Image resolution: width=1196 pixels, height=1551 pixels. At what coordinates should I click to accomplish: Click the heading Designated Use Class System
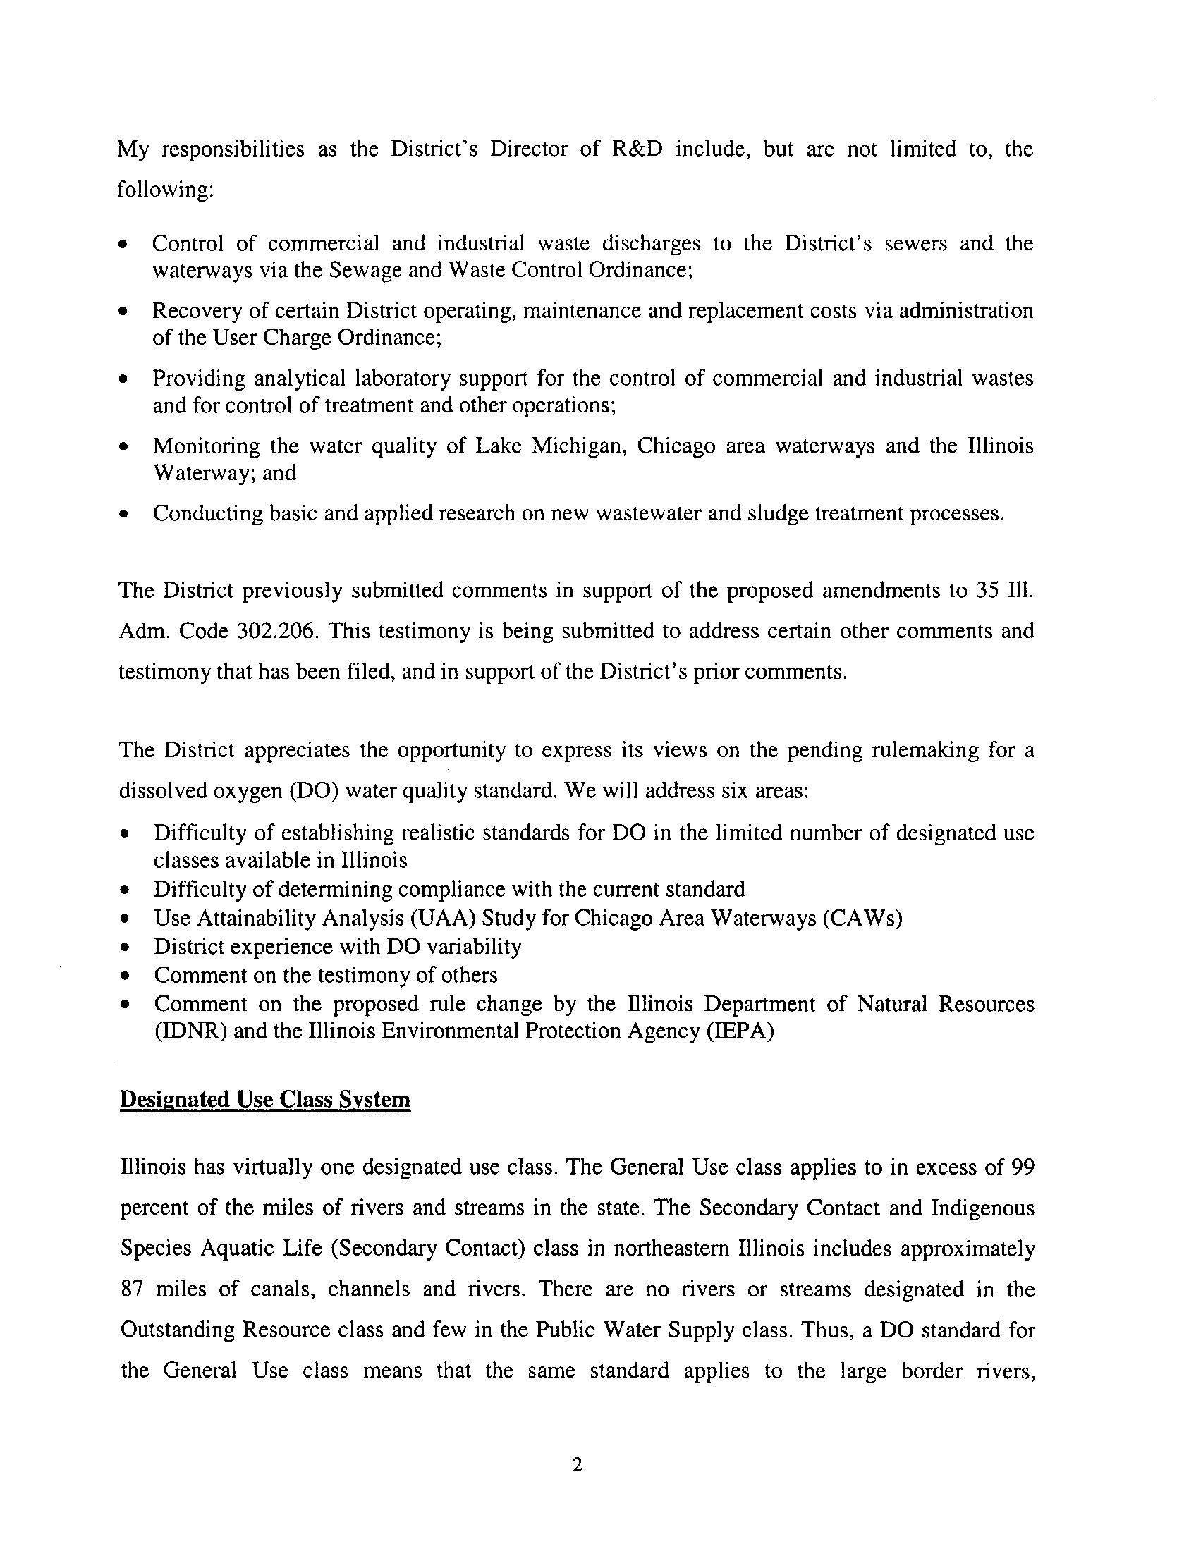click(265, 1099)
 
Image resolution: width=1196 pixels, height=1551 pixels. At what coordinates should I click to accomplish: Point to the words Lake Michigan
click(551, 446)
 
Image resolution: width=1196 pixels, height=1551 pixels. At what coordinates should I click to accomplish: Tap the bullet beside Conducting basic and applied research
click(125, 514)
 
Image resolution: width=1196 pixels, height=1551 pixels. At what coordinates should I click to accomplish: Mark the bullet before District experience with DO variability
click(126, 948)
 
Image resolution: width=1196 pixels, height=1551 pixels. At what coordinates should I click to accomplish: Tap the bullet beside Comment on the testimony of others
click(126, 976)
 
